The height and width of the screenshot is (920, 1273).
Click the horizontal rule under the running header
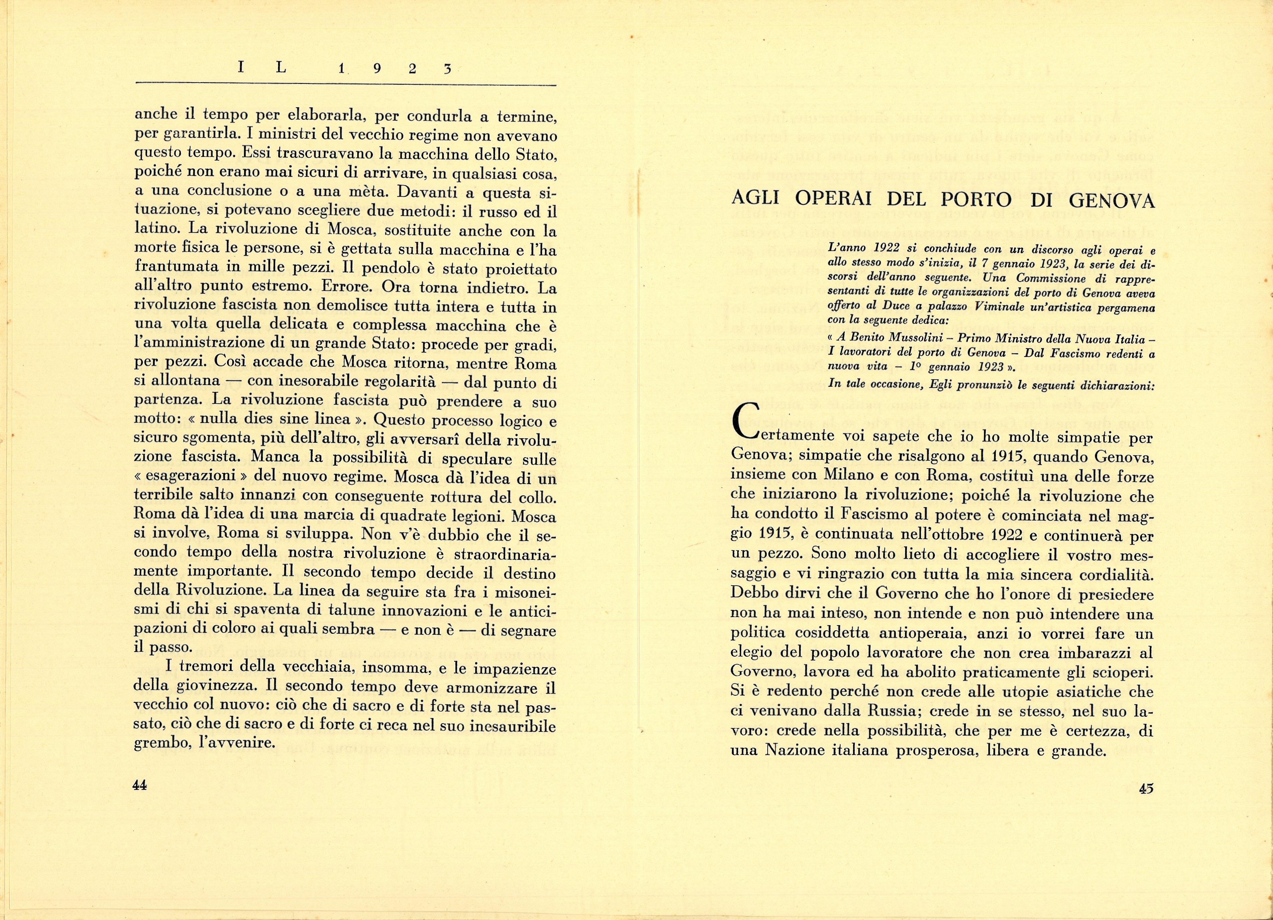pyautogui.click(x=346, y=85)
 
